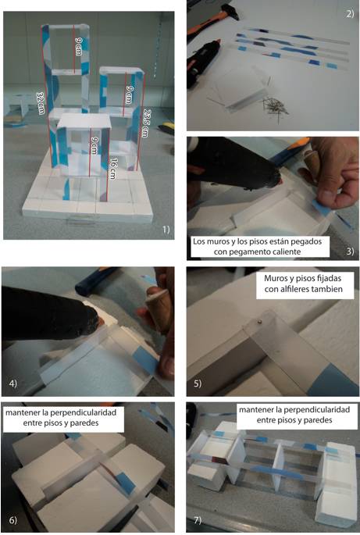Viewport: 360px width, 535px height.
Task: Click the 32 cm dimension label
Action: click(x=41, y=103)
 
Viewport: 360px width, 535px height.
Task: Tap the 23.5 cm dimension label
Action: click(x=146, y=123)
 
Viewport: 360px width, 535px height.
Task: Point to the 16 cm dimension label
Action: click(x=113, y=169)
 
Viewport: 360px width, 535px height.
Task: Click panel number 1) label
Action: click(x=166, y=230)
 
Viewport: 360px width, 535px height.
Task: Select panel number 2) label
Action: click(x=350, y=14)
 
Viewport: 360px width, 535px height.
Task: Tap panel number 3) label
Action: click(x=350, y=251)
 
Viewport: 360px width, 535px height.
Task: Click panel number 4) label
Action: click(x=13, y=383)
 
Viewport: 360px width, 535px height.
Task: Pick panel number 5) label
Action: click(x=198, y=383)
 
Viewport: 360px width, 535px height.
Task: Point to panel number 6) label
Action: click(x=12, y=520)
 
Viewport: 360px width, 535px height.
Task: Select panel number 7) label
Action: click(x=198, y=520)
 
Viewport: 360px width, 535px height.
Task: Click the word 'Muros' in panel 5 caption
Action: click(x=276, y=278)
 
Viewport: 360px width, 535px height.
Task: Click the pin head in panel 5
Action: click(x=259, y=321)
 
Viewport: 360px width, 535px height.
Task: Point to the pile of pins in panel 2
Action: click(x=275, y=107)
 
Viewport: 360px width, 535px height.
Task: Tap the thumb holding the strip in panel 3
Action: click(x=326, y=198)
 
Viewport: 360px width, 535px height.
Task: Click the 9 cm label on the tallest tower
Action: click(x=79, y=46)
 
